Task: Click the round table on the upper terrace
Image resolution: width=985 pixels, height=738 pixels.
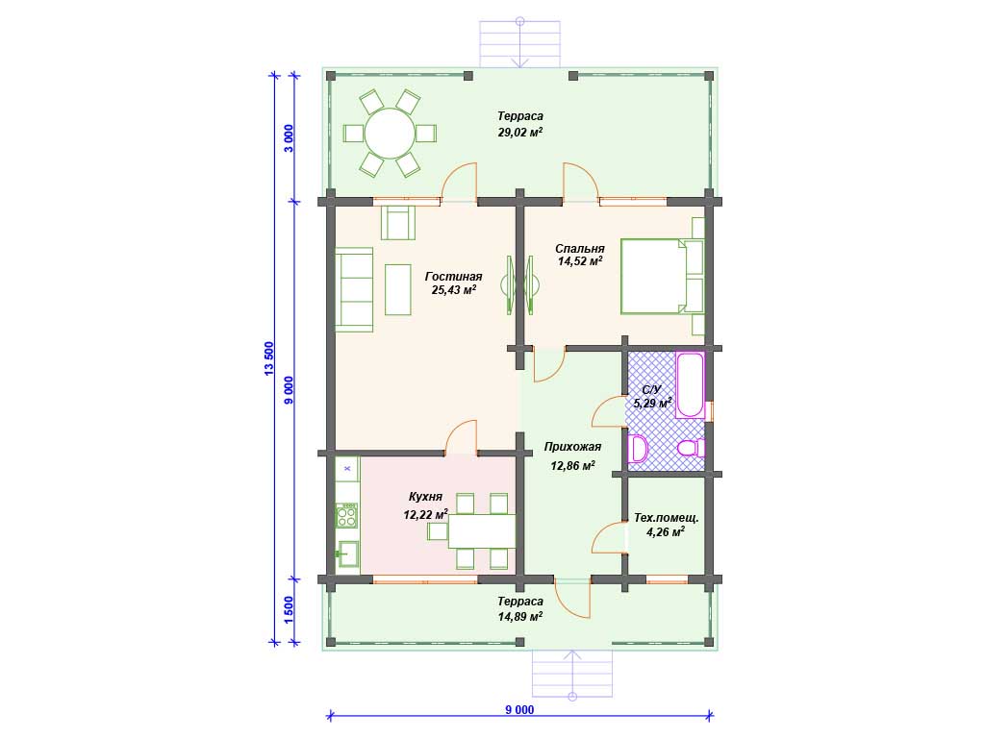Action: [391, 133]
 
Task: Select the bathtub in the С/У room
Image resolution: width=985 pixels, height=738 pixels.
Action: [690, 384]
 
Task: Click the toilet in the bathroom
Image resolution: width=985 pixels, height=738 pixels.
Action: [691, 449]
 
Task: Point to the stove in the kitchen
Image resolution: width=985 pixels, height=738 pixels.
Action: [346, 515]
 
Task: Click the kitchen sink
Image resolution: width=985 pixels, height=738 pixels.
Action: [347, 553]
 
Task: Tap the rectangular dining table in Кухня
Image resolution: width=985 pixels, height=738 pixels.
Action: [481, 530]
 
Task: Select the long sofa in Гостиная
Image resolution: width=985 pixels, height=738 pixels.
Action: [354, 288]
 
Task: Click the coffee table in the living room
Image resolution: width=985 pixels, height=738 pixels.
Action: [398, 289]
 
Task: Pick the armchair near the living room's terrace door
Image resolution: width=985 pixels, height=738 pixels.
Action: [398, 222]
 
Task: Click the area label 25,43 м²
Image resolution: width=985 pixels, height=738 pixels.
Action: [454, 290]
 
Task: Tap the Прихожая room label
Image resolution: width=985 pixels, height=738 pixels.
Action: [572, 447]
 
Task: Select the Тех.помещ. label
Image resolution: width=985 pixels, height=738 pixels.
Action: [666, 518]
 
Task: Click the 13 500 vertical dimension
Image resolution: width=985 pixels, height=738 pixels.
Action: [269, 359]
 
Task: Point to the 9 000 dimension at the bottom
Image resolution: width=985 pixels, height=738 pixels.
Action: [519, 710]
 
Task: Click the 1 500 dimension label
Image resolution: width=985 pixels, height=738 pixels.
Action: [289, 610]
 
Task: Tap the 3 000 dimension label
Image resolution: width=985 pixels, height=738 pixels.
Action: [289, 138]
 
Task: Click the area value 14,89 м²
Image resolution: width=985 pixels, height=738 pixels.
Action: [520, 616]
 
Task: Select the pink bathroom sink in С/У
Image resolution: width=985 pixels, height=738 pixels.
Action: [639, 449]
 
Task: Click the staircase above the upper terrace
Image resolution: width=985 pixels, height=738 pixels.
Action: [519, 43]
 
